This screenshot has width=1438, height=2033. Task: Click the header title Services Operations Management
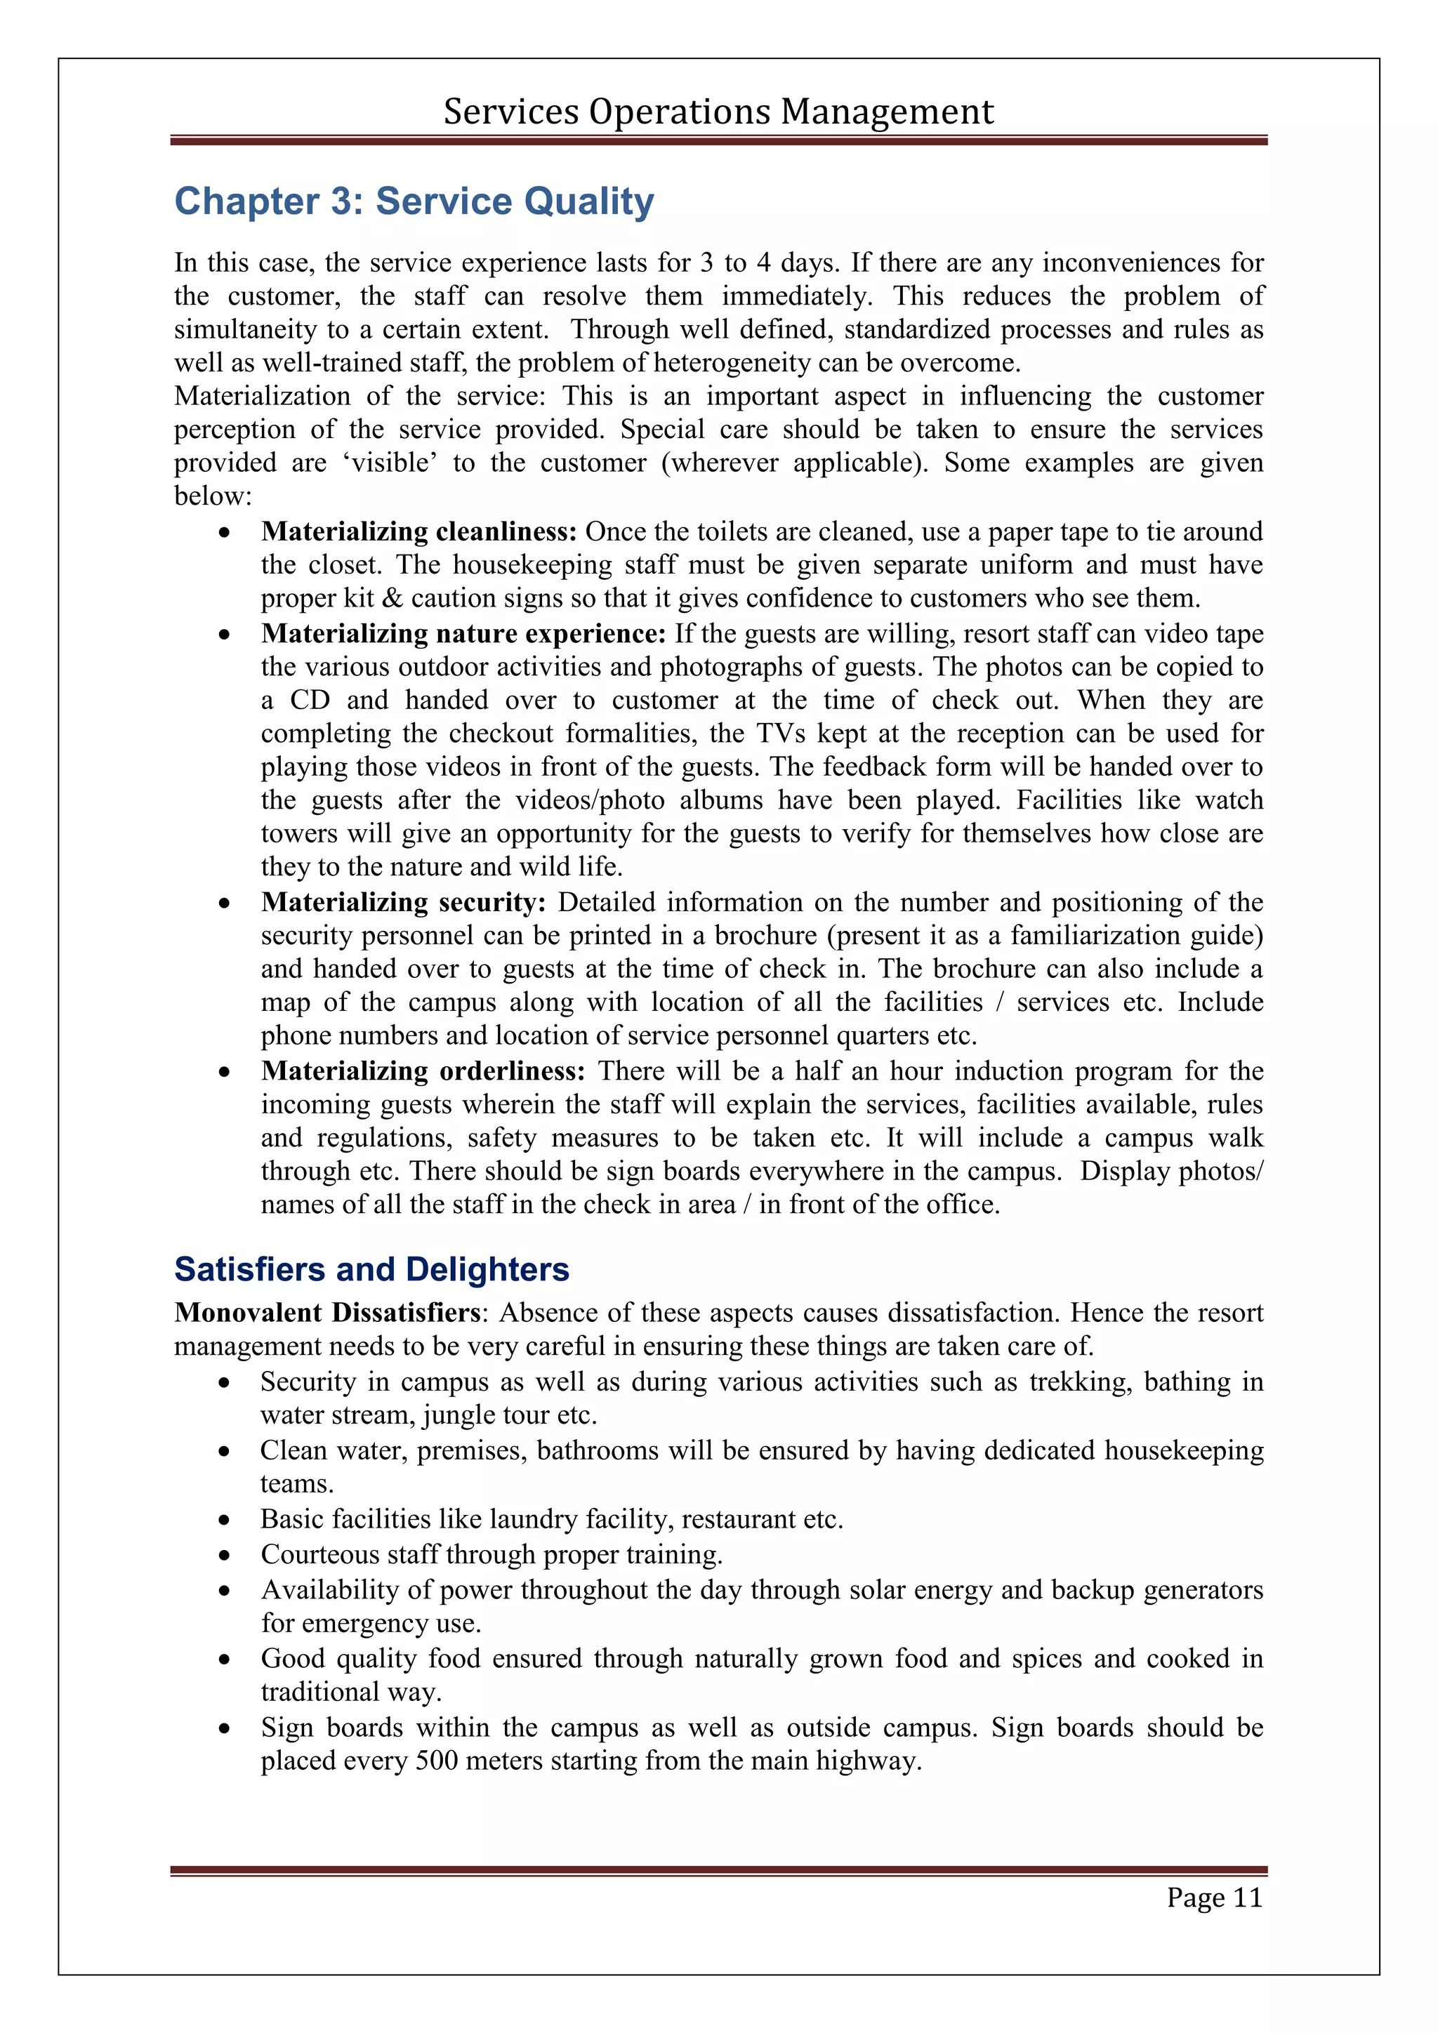pos(718,112)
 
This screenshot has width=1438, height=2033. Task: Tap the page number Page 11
pos(1214,1898)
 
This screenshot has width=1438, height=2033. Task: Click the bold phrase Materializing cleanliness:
pos(418,531)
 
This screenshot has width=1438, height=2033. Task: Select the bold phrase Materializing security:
pos(404,902)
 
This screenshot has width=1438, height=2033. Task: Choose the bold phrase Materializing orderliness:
pos(423,1071)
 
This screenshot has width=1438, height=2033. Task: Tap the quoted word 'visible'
pos(390,463)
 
